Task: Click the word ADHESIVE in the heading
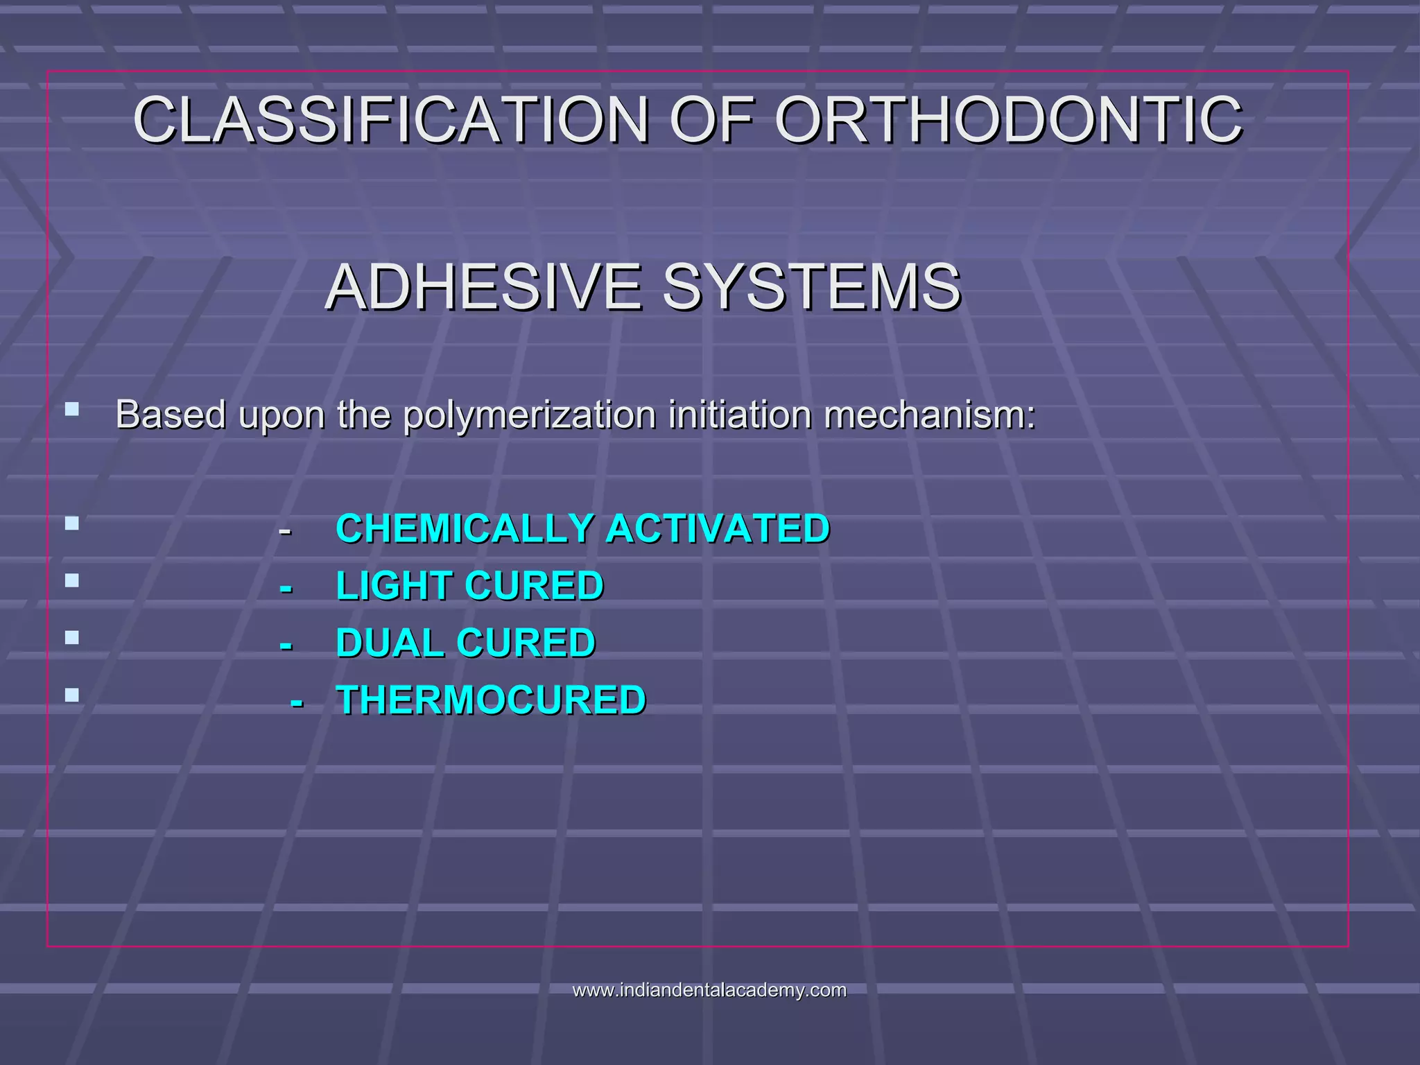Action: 484,287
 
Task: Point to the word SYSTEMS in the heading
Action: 811,287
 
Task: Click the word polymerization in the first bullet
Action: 529,415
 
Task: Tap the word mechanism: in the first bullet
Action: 929,415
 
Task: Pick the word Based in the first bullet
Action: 171,415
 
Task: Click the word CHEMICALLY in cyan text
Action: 464,529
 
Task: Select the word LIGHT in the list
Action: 394,586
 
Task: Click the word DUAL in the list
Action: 389,643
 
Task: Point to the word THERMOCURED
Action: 491,700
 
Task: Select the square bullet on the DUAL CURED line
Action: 72,637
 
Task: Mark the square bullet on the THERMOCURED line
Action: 72,694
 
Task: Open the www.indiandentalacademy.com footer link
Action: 709,990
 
